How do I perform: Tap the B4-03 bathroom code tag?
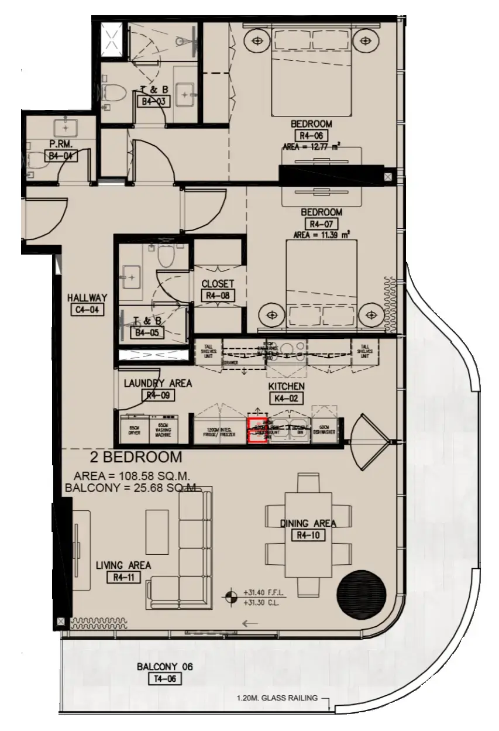pos(152,101)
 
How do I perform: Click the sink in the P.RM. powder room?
pos(63,126)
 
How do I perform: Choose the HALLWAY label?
pos(87,297)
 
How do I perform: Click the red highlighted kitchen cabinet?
pos(256,431)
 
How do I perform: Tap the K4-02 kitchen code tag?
pos(286,399)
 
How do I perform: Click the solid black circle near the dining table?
pos(362,591)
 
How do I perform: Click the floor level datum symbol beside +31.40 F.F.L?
pos(233,596)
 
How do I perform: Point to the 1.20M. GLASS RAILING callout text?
pos(277,698)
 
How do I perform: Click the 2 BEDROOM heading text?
pos(136,457)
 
